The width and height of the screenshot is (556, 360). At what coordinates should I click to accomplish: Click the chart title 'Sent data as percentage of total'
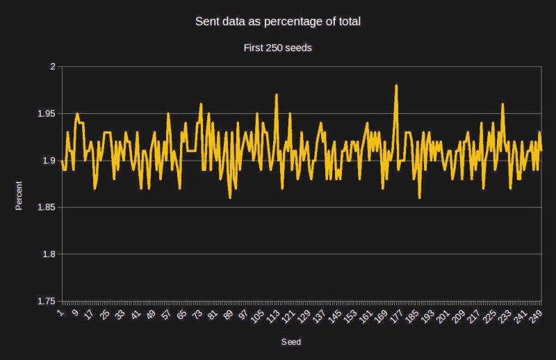tap(278, 22)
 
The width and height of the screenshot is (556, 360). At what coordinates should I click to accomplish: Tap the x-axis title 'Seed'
tap(291, 342)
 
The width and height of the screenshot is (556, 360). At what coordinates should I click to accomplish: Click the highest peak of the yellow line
tap(396, 85)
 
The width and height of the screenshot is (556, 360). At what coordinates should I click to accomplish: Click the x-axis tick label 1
tap(61, 311)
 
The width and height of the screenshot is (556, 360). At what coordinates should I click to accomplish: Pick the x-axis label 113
tap(274, 315)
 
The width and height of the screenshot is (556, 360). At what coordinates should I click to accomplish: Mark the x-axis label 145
tap(336, 315)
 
